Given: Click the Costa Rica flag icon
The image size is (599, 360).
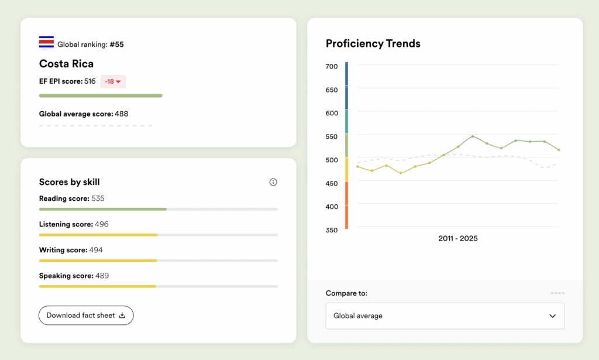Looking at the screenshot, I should point(46,42).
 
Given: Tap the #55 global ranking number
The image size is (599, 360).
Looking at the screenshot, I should point(116,44).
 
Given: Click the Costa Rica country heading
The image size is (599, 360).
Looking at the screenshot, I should point(66,64).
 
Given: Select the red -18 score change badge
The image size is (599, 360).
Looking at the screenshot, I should point(113,81).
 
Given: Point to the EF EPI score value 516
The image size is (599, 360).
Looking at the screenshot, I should point(89,81).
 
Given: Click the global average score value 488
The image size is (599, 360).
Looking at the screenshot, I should point(121,114).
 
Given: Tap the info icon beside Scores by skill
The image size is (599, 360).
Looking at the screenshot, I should point(273,182).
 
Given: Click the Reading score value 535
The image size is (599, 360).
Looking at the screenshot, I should point(98,198).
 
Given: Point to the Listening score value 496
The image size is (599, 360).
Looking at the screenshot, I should point(101,224).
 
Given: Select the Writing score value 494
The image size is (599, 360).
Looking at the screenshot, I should point(95,250).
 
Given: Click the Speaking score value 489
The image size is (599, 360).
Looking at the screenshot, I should point(102,276).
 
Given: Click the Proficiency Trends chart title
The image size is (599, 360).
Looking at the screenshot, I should point(373,43).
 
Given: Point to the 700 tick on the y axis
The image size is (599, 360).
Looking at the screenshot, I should point(332,67).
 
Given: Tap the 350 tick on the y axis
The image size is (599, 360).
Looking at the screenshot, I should point(332,230).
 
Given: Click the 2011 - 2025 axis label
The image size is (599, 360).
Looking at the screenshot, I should point(457,238).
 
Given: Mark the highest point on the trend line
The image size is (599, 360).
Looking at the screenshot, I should point(473,136).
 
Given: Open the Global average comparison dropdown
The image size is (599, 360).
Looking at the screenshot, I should point(445,316).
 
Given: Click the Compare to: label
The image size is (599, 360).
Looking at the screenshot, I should point(346,293).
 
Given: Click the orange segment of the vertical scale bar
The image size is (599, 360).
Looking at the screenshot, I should point(346,205).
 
